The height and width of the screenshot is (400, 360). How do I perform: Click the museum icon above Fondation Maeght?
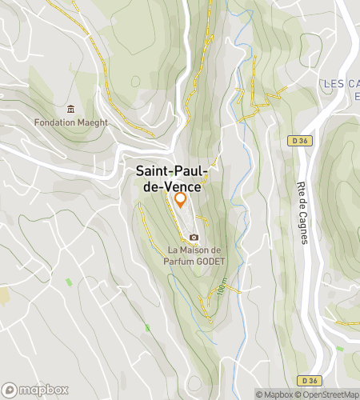tap(71, 109)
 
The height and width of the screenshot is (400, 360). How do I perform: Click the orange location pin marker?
tap(180, 199)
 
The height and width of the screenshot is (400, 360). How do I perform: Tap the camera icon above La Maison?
tap(193, 238)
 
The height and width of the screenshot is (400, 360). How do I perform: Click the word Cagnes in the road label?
tap(303, 229)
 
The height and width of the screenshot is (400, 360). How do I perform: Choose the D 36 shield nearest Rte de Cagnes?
tap(298, 141)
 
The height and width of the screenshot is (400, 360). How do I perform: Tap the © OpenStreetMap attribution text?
tap(328, 394)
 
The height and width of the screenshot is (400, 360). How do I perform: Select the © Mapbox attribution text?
tap(274, 394)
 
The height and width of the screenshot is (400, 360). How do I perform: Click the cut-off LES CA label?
tap(342, 83)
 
